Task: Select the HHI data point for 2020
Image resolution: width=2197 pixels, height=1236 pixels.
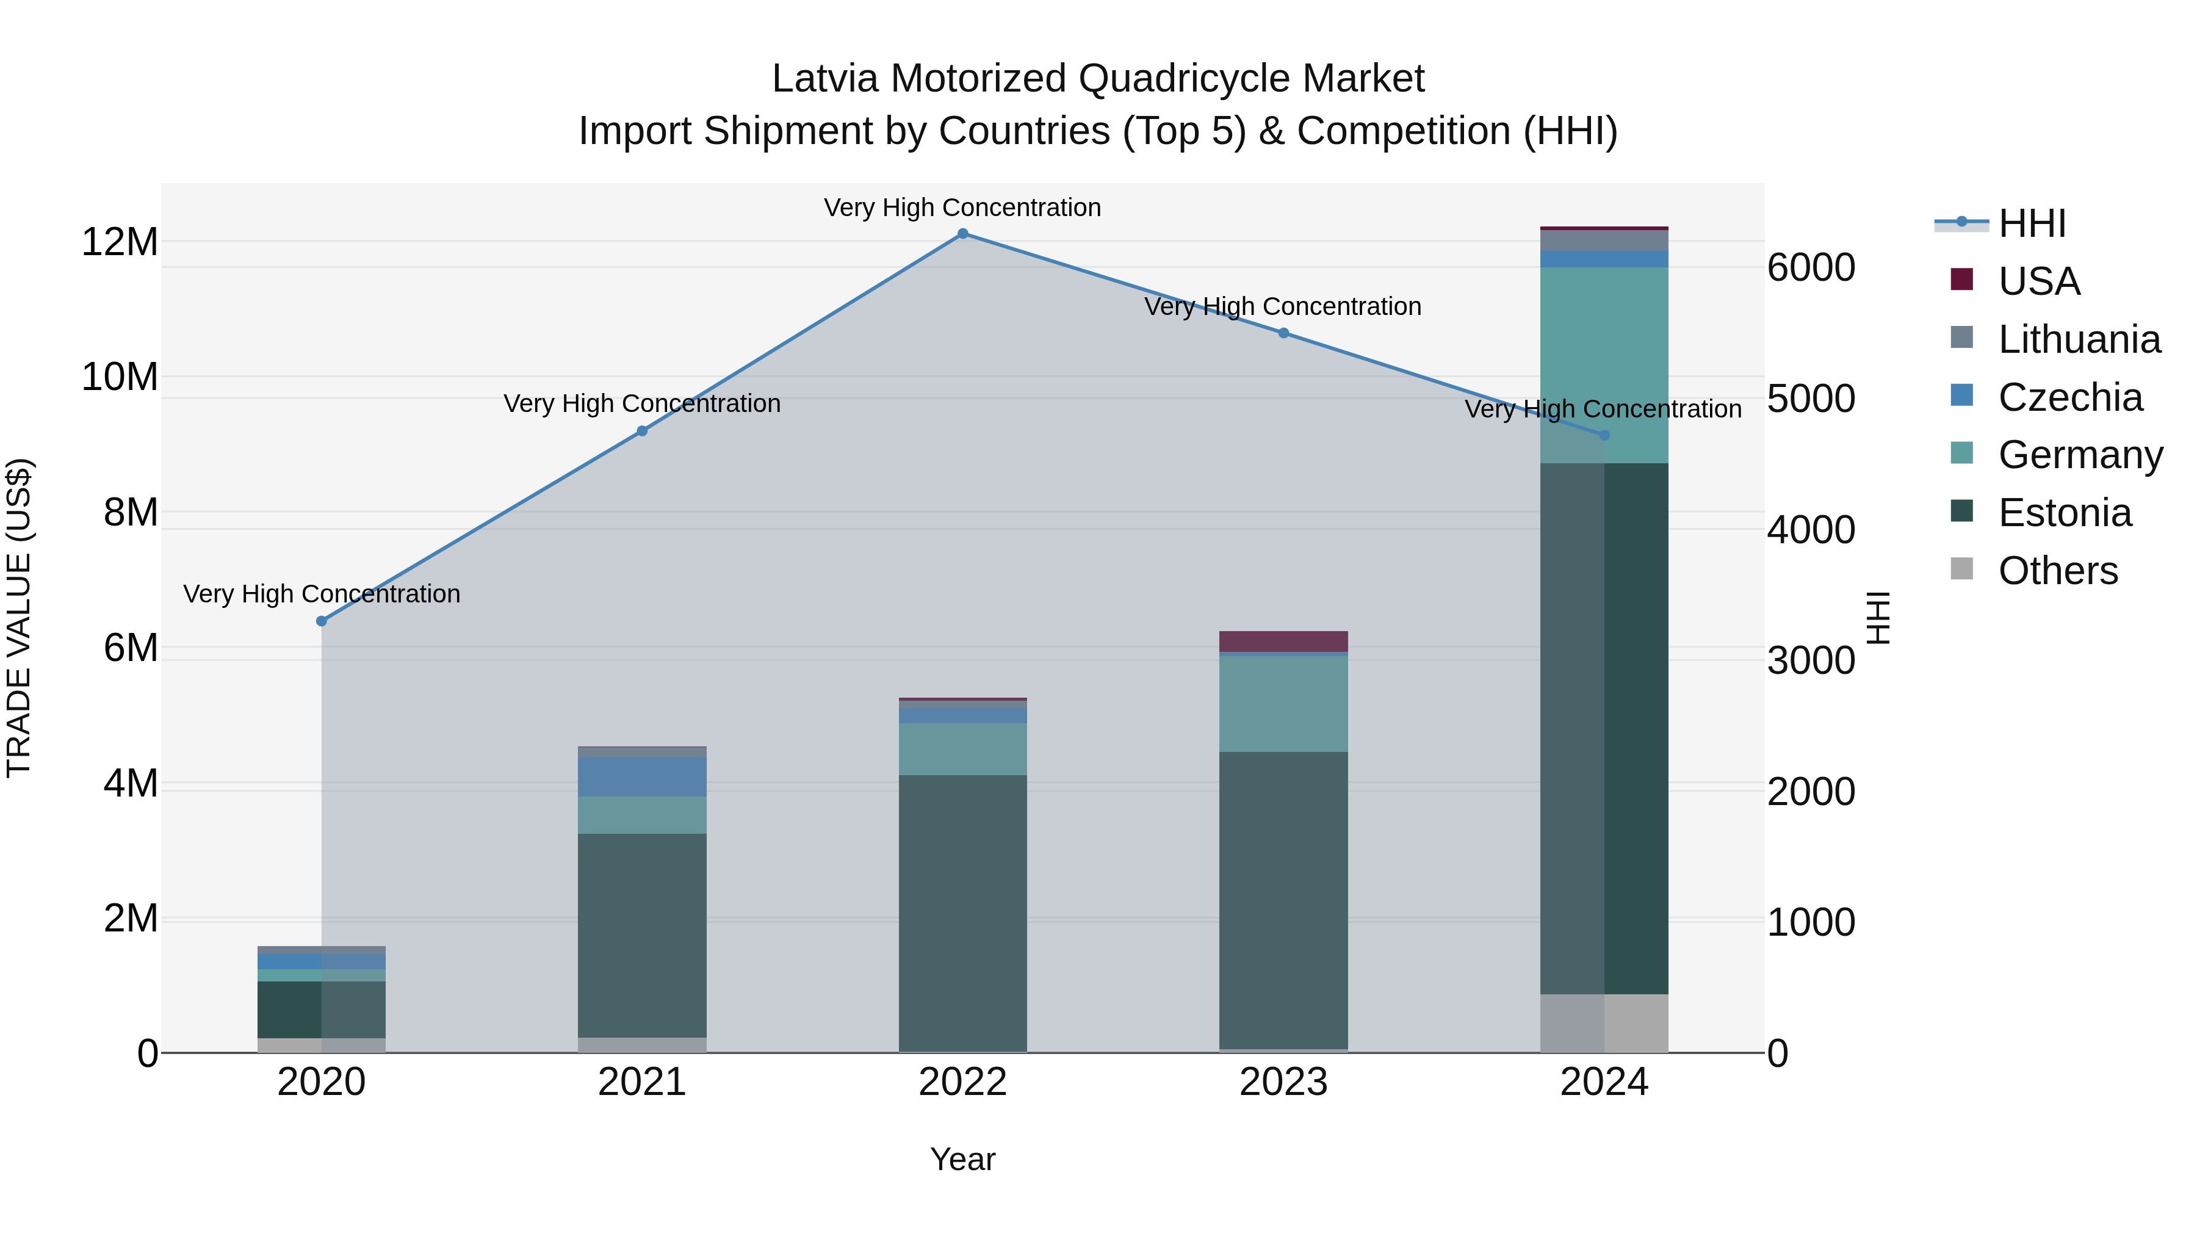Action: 322,621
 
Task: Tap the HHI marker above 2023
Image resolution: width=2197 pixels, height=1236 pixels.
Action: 1283,333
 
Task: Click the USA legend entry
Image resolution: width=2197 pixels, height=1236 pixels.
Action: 2038,281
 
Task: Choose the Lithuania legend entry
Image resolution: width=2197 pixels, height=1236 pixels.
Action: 2079,339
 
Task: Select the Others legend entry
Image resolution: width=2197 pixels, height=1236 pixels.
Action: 2057,571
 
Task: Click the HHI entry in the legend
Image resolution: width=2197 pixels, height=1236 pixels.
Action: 2032,223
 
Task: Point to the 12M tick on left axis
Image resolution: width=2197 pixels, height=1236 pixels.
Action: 120,242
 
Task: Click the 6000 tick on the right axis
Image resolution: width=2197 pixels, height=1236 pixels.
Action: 1811,268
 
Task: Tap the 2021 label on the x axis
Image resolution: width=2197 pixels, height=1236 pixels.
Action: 641,1082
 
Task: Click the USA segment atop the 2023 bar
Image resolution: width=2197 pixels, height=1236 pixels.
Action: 1283,641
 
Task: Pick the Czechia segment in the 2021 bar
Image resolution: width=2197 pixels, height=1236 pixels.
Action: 641,776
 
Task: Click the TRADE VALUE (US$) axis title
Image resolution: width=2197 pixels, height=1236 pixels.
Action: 20,618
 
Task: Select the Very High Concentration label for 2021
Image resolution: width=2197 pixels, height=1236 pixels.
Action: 641,403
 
